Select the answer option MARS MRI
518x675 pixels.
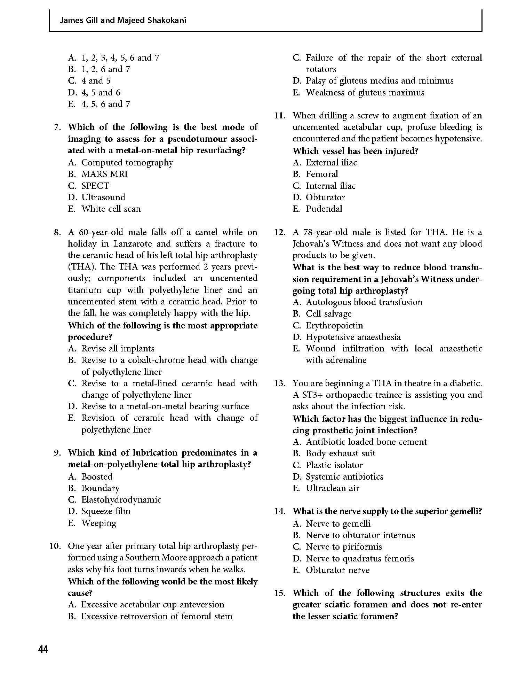coord(104,174)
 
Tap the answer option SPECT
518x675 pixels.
coord(95,186)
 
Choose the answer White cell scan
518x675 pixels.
coord(111,209)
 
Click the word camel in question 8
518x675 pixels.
coord(206,232)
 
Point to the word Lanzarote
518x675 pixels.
coord(131,243)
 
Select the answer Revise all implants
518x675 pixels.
coord(118,348)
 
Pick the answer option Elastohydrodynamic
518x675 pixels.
coord(121,499)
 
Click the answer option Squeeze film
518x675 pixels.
coord(106,511)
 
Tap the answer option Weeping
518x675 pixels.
coord(99,523)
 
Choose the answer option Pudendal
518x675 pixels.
coord(324,209)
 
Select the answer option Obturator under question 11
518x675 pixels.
coord(325,197)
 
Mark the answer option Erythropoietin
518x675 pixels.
coord(334,325)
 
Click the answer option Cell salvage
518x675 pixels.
coord(328,314)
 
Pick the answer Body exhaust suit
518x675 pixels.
coord(340,453)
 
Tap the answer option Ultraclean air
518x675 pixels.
coord(332,488)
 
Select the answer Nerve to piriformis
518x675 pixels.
coord(343,546)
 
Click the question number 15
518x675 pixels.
coord(280,593)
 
